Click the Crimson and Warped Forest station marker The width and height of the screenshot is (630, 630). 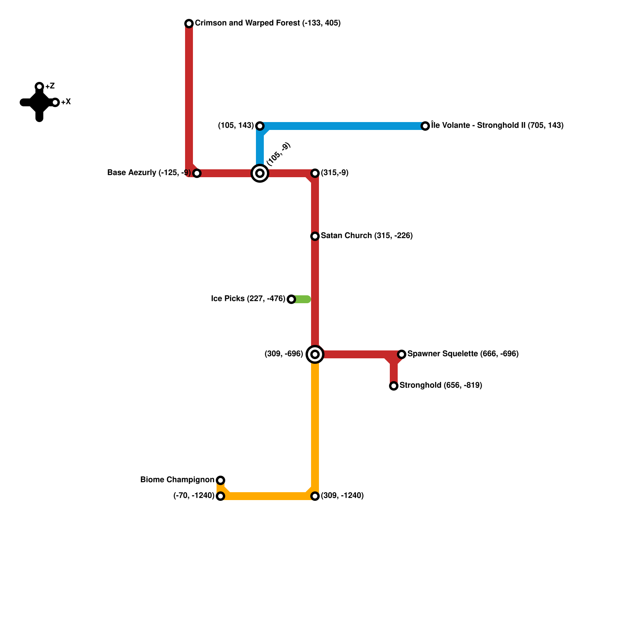tap(189, 24)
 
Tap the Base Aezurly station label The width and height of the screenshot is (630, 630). tap(149, 173)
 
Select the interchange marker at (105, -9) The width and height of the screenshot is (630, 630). tap(260, 173)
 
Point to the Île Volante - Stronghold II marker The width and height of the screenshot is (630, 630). tap(425, 126)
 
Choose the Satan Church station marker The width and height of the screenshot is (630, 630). tap(315, 236)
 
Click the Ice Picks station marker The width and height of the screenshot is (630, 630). tap(291, 299)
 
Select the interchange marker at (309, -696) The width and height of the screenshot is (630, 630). tap(315, 354)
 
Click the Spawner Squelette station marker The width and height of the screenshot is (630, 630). tap(402, 354)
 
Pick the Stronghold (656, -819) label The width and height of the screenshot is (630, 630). tap(441, 385)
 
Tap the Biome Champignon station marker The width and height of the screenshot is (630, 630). tap(220, 480)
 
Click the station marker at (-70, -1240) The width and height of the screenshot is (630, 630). tap(220, 496)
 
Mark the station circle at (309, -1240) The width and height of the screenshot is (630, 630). tap(315, 496)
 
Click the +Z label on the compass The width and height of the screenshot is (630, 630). tap(50, 87)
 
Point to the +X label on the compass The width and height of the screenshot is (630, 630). tap(66, 102)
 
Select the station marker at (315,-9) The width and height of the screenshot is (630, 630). tap(315, 173)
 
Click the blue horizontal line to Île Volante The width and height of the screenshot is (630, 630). tap(343, 126)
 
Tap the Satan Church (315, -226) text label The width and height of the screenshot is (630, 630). tap(367, 236)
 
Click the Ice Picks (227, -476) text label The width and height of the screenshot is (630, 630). tap(248, 299)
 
